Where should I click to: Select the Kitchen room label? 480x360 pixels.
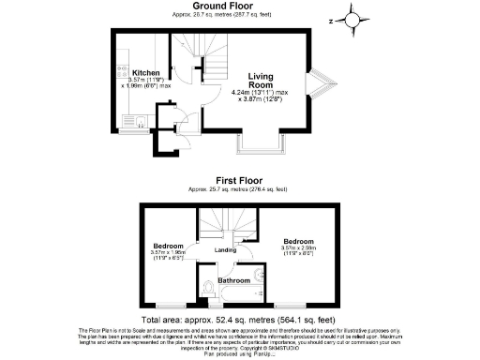point(145,72)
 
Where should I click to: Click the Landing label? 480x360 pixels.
point(225,250)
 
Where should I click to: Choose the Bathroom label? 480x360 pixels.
point(234,280)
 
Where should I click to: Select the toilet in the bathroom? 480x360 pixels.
point(208,288)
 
